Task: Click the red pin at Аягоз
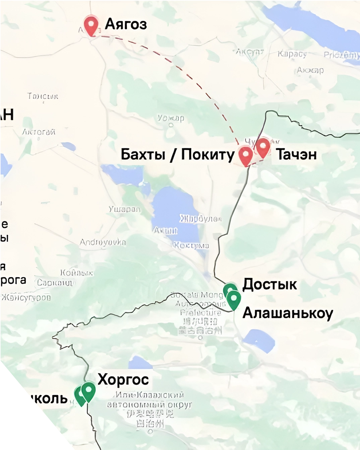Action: [x=91, y=25]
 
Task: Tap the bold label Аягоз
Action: [x=126, y=24]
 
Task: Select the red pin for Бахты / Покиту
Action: [x=246, y=155]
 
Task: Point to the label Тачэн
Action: [x=296, y=154]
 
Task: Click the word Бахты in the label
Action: [x=143, y=154]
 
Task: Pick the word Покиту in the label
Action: [x=208, y=154]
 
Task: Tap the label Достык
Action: [x=269, y=284]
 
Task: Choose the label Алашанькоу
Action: [x=288, y=313]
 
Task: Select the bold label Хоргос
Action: [x=123, y=379]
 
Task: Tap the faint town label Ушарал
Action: [x=124, y=209]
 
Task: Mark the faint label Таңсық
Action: [x=43, y=97]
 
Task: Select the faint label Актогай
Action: [x=39, y=132]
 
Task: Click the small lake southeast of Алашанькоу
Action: [x=259, y=340]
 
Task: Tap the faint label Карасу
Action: [x=292, y=54]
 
